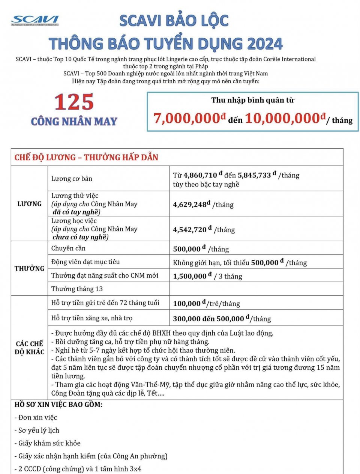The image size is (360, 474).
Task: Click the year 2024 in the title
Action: (264, 44)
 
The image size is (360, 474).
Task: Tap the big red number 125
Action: (74, 102)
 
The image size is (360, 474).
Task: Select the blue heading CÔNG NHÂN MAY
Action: (74, 122)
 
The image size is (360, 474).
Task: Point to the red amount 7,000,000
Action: (187, 119)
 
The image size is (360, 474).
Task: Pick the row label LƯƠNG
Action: (29, 204)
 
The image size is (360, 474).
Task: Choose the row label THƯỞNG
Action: (29, 268)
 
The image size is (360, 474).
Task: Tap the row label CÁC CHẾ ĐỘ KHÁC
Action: (29, 348)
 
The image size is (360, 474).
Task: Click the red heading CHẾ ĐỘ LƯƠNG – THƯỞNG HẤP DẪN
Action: (86, 157)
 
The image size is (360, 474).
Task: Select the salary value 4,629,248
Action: (190, 205)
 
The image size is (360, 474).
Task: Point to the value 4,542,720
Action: (190, 230)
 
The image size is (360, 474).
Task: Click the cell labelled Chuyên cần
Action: (68, 248)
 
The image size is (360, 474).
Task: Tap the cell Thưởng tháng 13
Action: (77, 289)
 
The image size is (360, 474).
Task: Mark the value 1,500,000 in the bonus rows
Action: (190, 276)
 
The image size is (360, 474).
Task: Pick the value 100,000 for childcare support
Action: (187, 304)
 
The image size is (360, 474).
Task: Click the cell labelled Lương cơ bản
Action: (72, 179)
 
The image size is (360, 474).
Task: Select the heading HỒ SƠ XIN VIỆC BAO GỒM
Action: (58, 405)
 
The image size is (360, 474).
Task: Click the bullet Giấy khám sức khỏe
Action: (47, 443)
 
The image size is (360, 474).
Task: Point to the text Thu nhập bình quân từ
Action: (253, 100)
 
